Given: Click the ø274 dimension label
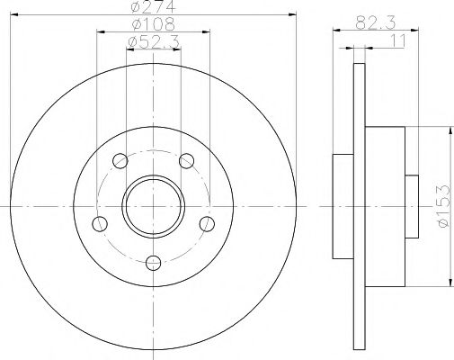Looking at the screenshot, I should [x=152, y=8].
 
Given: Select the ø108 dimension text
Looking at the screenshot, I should [x=152, y=24].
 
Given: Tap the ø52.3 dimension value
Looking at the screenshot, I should [x=152, y=41].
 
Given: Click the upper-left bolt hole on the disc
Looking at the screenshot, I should [x=120, y=161].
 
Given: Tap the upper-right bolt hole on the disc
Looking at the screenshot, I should [x=186, y=161].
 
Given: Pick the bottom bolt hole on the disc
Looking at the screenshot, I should [x=153, y=263].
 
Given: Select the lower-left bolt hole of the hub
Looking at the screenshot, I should [x=100, y=222].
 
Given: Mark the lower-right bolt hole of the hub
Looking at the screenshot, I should [x=207, y=222].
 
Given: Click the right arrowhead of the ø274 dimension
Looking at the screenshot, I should [x=292, y=14].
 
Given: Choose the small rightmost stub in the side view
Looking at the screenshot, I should [x=412, y=205].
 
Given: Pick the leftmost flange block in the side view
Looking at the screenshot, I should [x=343, y=206].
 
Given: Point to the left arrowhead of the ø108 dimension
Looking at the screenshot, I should [x=99, y=31].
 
